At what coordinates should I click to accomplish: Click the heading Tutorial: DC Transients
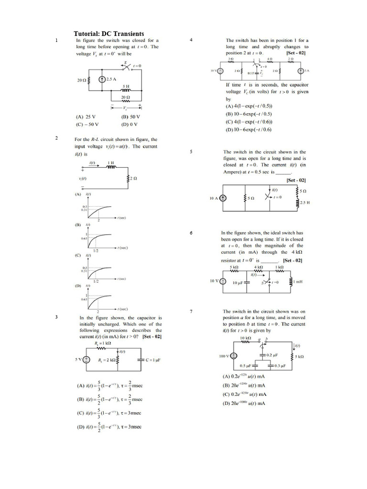point(109,34)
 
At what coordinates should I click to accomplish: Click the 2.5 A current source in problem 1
point(102,79)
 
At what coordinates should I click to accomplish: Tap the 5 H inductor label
point(126,86)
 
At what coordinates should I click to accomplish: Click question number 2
point(56,138)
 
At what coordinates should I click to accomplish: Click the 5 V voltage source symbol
point(86,360)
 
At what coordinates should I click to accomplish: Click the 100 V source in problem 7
point(234,356)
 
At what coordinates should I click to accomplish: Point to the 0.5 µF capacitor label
point(246,366)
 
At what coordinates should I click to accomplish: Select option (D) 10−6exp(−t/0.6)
point(248,129)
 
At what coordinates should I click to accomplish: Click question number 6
point(191,233)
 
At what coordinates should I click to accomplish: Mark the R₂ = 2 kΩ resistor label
point(105,360)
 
